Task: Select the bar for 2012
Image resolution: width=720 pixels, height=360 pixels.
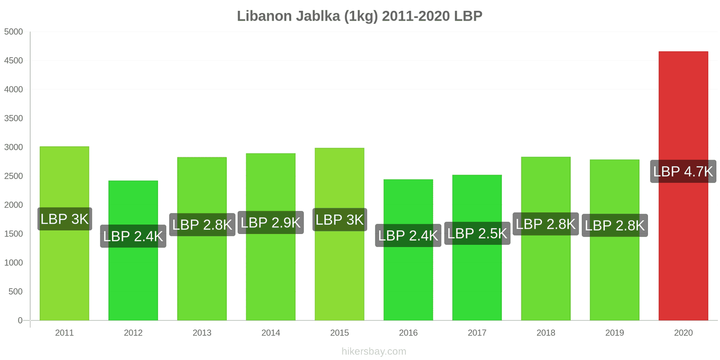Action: (133, 279)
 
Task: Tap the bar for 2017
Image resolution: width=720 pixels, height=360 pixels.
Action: (477, 279)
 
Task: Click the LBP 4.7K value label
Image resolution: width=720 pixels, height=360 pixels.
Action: (683, 171)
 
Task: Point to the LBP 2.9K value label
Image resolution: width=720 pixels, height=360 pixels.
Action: (270, 223)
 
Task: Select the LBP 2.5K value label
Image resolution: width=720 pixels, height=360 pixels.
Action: (477, 234)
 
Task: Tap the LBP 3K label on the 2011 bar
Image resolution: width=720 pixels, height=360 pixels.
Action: (64, 219)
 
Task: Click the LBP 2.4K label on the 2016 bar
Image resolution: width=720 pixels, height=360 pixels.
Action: (408, 235)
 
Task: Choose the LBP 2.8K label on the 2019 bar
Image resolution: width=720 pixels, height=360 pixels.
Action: (615, 225)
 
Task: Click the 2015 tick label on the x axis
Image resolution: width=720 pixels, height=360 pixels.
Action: (339, 333)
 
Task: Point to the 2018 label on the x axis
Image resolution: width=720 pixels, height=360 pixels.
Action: (546, 333)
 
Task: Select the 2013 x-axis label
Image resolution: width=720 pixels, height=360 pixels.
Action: (202, 333)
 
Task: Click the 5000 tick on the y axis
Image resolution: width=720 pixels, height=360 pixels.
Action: (13, 32)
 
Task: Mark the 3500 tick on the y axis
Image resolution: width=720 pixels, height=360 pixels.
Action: (13, 118)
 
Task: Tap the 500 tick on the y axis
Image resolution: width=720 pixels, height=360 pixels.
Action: (15, 292)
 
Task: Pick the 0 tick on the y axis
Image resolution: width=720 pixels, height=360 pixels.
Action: (20, 320)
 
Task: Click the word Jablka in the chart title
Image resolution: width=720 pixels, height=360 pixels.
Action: (318, 16)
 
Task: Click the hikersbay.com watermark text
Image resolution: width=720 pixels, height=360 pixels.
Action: (373, 351)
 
